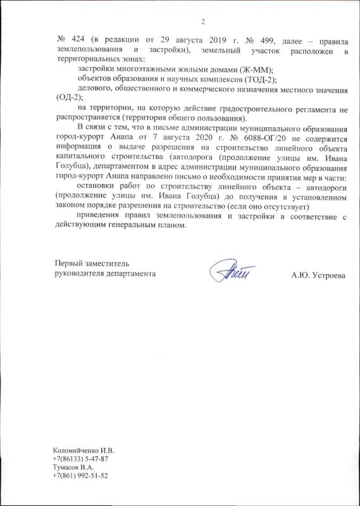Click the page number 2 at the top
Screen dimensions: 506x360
[204, 23]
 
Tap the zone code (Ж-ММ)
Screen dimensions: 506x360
[256, 69]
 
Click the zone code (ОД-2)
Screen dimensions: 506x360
[66, 98]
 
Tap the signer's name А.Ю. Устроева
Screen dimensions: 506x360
[319, 276]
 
